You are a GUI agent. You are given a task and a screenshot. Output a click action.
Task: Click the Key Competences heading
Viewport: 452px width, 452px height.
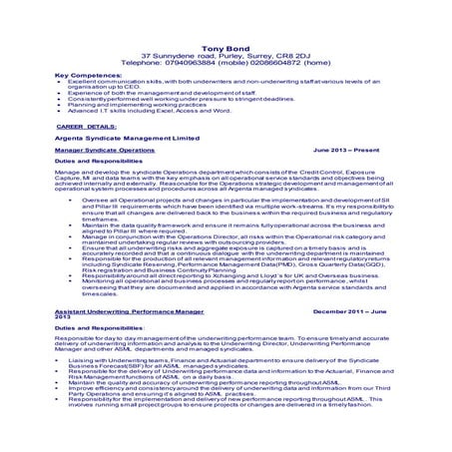pos(90,75)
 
